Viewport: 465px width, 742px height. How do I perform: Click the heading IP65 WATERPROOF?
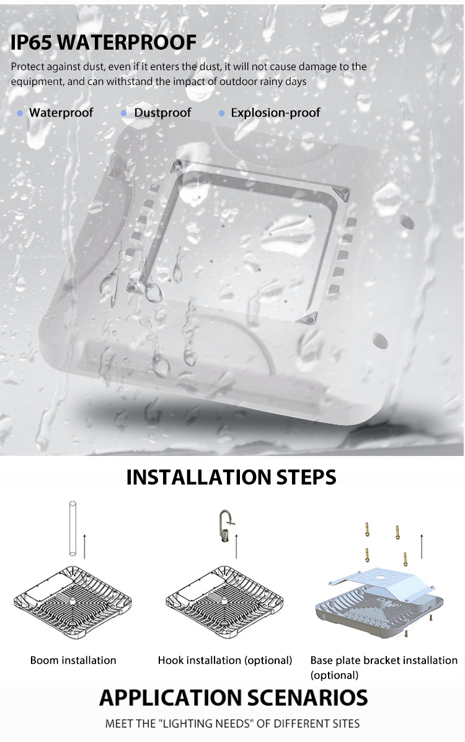coord(103,42)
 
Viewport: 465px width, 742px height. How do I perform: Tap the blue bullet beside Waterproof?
coord(20,113)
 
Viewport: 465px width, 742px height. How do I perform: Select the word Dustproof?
coord(162,113)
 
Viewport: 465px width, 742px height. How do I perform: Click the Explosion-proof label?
coord(275,113)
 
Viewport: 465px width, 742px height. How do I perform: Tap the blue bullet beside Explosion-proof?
coord(221,113)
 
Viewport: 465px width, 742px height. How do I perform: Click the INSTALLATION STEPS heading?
coord(231,477)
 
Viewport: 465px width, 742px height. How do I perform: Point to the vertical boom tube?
coord(73,528)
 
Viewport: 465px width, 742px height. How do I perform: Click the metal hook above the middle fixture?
coord(226,526)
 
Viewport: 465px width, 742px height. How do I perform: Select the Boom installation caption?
coord(73,660)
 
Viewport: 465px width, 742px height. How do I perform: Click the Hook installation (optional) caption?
coord(225,660)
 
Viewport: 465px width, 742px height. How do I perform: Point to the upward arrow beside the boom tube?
coord(84,546)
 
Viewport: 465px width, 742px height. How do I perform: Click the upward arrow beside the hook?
coord(236,546)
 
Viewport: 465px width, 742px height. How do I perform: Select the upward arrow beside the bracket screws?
coord(422,546)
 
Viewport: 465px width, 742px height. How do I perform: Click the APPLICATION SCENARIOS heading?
coord(234,698)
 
